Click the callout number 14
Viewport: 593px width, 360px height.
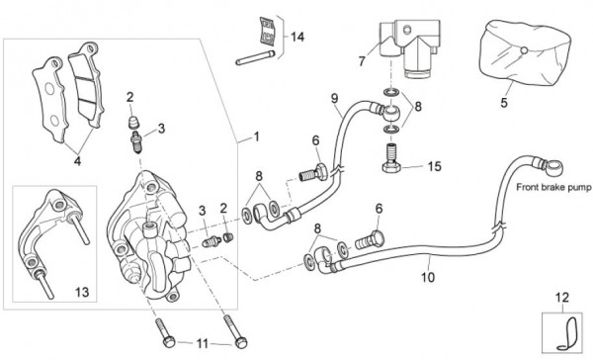coord(297,38)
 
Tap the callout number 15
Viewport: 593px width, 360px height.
coord(435,166)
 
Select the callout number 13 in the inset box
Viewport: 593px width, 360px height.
coord(82,292)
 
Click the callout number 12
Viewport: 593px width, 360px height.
coord(562,298)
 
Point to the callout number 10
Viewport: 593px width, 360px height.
coord(428,278)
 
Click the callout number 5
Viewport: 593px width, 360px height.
coord(504,103)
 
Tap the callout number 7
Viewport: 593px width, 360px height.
coord(362,61)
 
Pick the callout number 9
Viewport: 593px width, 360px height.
coord(334,99)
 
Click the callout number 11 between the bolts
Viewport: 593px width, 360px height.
coord(203,344)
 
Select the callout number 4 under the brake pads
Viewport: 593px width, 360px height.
coord(77,161)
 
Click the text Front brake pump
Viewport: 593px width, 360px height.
coord(553,187)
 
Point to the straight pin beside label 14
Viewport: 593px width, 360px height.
coord(255,57)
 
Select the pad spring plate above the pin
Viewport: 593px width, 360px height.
coord(268,31)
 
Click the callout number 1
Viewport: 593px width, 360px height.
coord(257,136)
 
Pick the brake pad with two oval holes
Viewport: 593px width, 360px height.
coord(50,99)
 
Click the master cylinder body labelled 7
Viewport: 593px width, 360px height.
coord(410,47)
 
